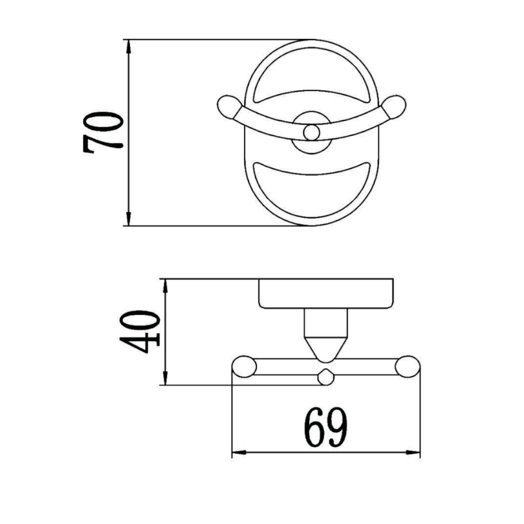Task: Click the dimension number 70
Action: point(103,133)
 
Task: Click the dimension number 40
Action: point(140,332)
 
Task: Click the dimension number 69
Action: point(326,427)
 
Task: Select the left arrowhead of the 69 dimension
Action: point(240,453)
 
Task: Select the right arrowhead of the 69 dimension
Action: point(413,453)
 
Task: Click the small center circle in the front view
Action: point(311,133)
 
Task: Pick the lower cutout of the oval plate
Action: point(311,192)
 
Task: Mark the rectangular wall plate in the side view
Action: point(326,293)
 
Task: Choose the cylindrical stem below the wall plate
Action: point(326,323)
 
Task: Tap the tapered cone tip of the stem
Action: point(326,349)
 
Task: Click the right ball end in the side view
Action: point(407,367)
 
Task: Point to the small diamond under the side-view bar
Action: point(326,377)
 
